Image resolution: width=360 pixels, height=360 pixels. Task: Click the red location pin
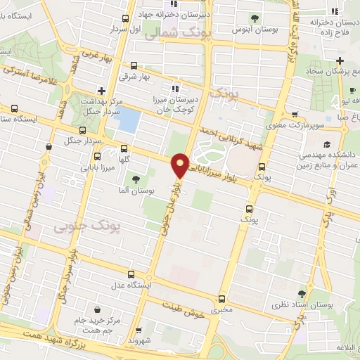(181, 165)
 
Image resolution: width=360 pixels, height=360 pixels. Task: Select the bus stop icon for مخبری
(222, 298)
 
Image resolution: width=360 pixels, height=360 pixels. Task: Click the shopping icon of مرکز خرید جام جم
(97, 309)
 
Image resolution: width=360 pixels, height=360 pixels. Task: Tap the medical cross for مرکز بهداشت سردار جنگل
(102, 90)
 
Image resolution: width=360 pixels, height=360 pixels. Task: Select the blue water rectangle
(127, 120)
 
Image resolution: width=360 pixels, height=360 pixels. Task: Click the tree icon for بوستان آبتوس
(254, 18)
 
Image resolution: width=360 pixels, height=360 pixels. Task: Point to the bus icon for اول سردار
(124, 19)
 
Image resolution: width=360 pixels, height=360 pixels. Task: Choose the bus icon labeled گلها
(124, 148)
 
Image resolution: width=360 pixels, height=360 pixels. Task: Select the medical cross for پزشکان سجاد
(340, 60)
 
